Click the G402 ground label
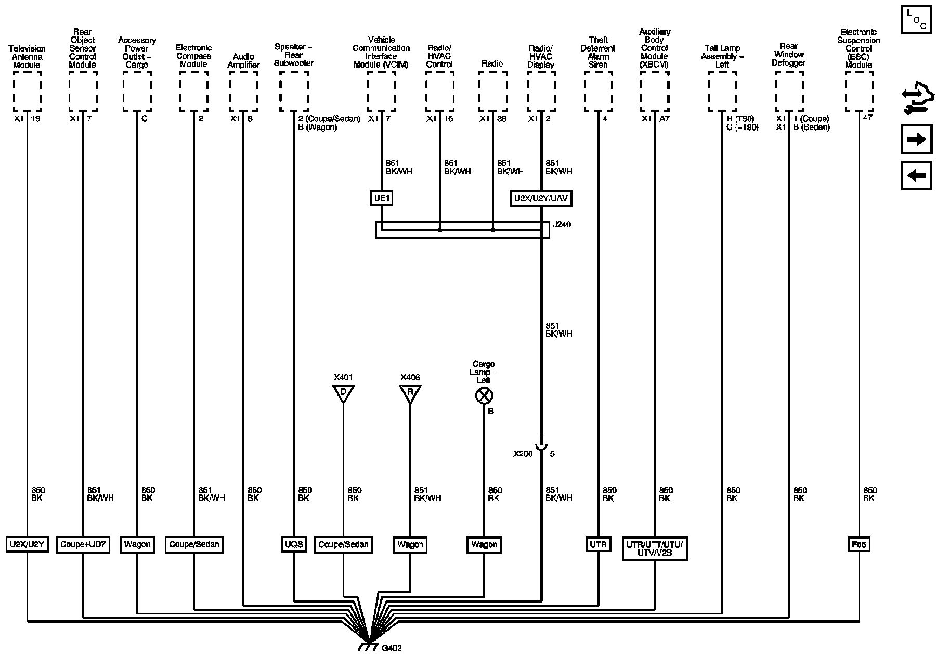coord(392,648)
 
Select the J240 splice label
coord(562,225)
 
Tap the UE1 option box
coord(381,198)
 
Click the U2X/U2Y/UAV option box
coord(541,198)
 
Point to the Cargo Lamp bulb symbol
coord(484,396)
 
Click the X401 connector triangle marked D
coord(343,393)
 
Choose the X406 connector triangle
coord(410,393)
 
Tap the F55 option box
coord(859,545)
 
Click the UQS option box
coord(294,545)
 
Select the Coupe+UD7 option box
coord(83,545)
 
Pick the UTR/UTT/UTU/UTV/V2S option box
coord(655,549)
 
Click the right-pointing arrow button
coord(916,140)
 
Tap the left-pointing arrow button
coord(916,175)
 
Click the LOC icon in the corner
coord(916,20)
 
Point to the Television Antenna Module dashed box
coord(27,91)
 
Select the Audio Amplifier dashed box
coord(243,91)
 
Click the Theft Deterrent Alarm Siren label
coord(598,52)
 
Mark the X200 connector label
coord(523,454)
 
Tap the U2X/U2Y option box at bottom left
coord(27,545)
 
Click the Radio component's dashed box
coord(492,91)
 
